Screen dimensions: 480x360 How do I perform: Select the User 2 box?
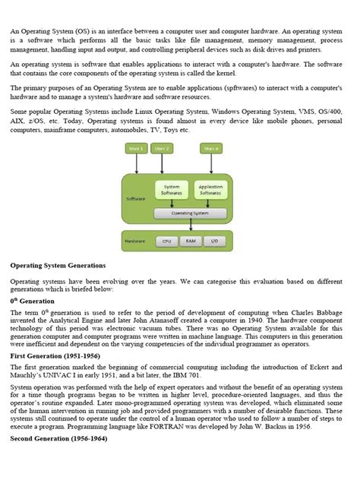163,149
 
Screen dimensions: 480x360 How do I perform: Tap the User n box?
210,149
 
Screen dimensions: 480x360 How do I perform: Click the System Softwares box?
172,190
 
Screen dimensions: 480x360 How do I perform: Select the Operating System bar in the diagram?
191,213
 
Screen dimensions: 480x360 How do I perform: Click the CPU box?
166,242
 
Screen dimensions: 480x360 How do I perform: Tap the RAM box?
190,242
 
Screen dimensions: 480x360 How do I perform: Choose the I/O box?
214,242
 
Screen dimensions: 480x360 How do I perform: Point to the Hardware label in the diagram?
136,242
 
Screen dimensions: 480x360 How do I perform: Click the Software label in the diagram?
135,199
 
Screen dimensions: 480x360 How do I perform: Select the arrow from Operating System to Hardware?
191,226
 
